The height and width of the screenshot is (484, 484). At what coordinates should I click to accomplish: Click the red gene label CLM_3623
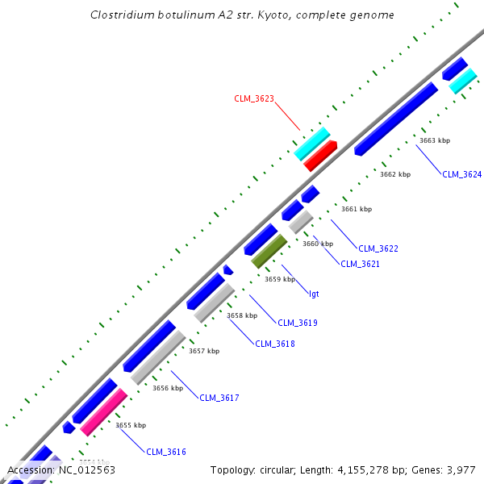pos(254,98)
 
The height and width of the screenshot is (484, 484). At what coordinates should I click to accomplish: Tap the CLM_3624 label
pos(461,174)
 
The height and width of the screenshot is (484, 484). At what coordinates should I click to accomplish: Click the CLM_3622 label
pos(378,248)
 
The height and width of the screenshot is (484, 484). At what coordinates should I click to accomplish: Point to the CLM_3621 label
pos(360,264)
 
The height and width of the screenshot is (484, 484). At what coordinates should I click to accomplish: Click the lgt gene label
pos(314,294)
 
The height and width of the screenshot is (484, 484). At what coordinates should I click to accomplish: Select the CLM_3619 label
pos(298,323)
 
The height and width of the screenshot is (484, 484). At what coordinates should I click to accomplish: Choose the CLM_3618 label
pos(275,344)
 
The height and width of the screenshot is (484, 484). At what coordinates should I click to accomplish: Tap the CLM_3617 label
pos(219,398)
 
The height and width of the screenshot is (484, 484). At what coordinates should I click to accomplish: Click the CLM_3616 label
pos(166,452)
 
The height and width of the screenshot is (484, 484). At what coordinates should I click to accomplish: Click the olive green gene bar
pos(269,251)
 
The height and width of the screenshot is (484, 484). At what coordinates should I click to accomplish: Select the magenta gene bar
pos(104,411)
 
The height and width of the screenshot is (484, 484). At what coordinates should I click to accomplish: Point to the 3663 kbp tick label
pos(435,140)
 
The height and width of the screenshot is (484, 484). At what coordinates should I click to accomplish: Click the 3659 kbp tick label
pos(280,279)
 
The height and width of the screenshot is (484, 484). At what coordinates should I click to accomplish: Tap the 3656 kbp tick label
pos(168,388)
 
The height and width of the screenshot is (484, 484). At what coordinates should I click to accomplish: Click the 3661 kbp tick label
pos(357,209)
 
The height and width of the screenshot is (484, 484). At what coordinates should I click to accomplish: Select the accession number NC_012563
pos(87,469)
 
